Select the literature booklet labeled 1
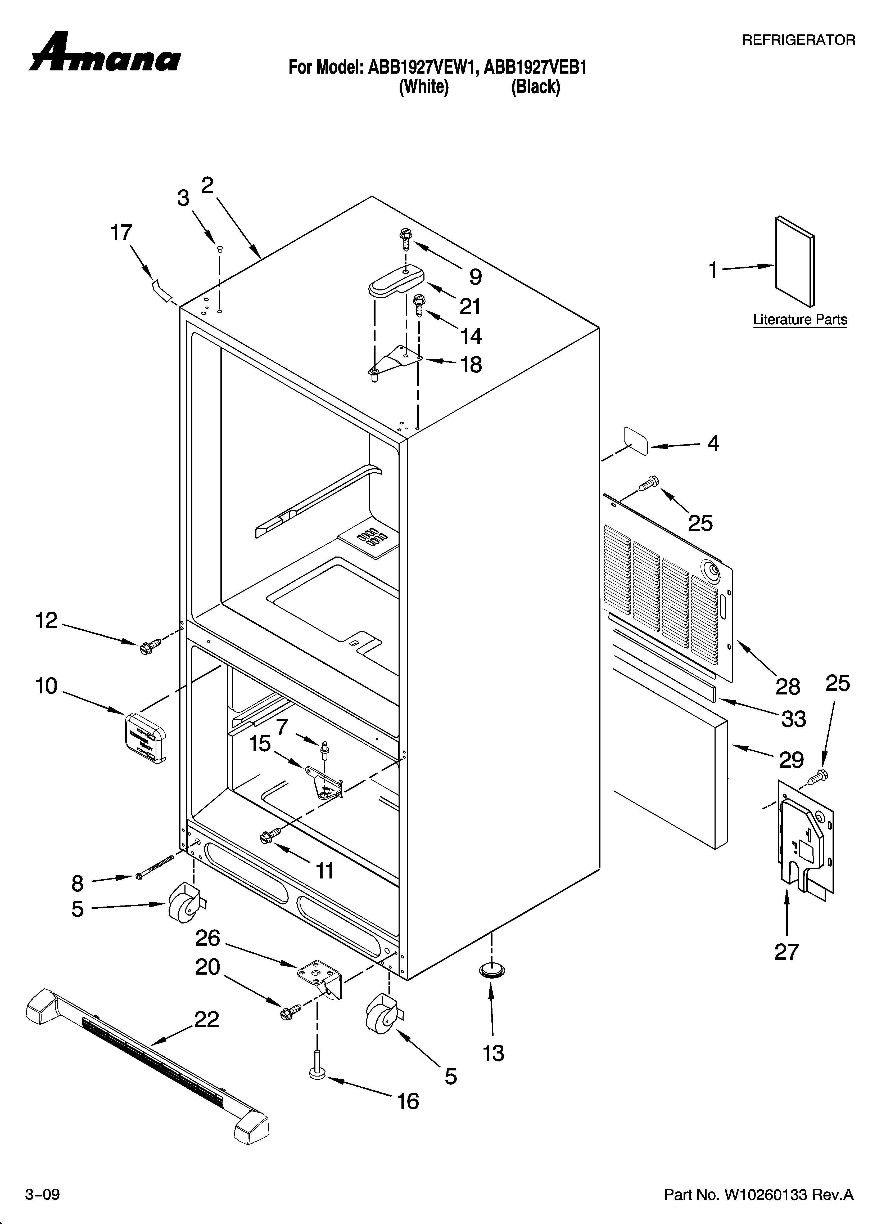[x=794, y=262]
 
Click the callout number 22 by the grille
[x=207, y=1019]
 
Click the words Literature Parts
[x=800, y=320]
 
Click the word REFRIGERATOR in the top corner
[x=799, y=40]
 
